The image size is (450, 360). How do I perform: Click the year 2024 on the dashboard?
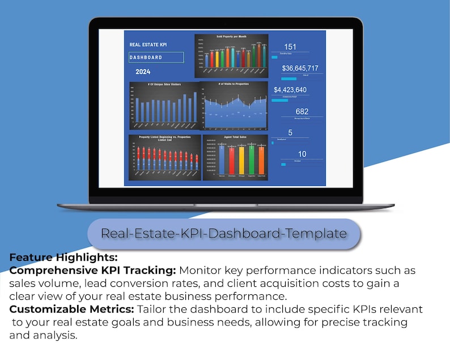(x=143, y=73)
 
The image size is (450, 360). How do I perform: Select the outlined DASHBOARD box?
(x=156, y=57)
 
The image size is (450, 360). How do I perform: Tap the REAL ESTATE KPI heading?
(x=148, y=44)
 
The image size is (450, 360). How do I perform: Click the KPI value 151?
(x=290, y=47)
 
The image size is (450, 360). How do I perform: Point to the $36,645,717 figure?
(x=300, y=68)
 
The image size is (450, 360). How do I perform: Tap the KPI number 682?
(x=302, y=111)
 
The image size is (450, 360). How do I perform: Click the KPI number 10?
(x=302, y=154)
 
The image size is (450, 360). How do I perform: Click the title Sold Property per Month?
(x=231, y=36)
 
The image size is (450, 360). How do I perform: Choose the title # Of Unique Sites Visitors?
(x=164, y=84)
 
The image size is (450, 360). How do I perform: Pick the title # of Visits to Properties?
(x=234, y=84)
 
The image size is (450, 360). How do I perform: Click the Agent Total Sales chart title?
(x=235, y=137)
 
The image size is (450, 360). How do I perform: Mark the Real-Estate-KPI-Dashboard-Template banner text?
(x=224, y=233)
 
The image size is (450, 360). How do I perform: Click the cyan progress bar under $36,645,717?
(x=289, y=79)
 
